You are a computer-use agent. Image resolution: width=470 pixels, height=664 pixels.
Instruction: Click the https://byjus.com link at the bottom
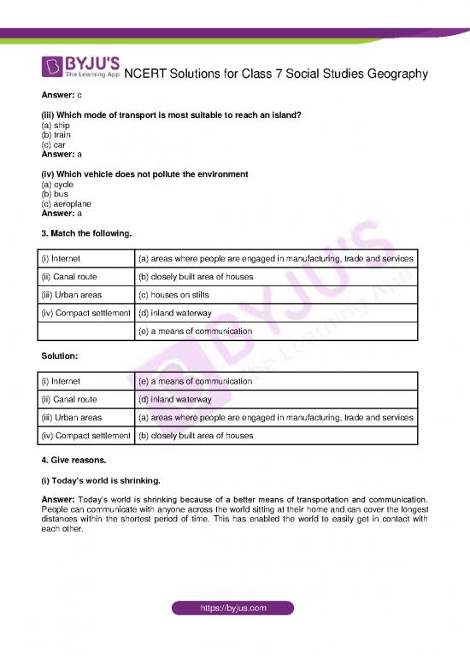pyautogui.click(x=233, y=608)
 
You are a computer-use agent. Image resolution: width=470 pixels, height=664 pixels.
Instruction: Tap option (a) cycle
pyautogui.click(x=56, y=184)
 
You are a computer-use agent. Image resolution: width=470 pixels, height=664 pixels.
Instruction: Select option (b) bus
pyautogui.click(x=54, y=194)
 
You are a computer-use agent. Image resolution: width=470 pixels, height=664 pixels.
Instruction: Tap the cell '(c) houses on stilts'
pyautogui.click(x=176, y=296)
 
